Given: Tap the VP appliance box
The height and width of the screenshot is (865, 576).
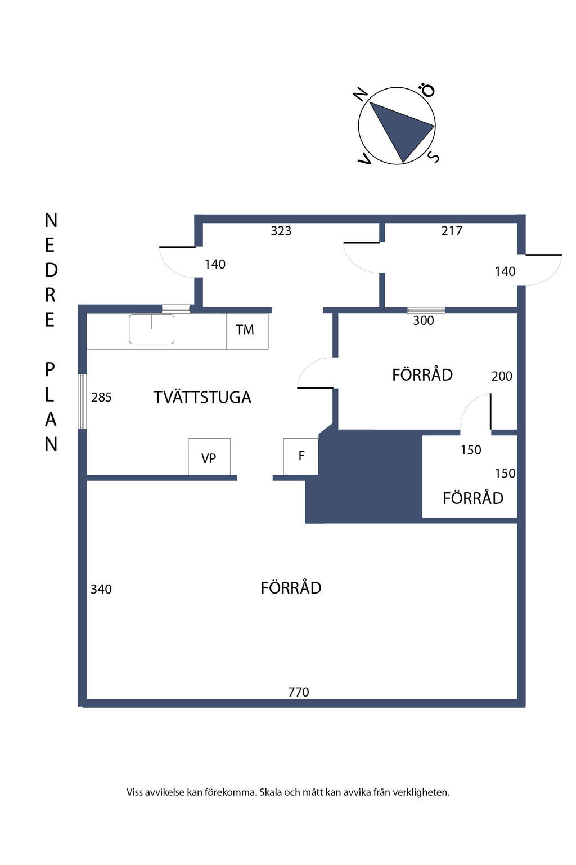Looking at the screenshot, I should click(209, 457).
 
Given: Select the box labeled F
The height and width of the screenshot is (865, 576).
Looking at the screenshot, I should click(301, 456).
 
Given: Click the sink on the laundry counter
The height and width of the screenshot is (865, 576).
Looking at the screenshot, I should click(151, 329).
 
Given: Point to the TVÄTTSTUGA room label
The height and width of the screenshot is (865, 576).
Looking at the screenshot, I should click(202, 398).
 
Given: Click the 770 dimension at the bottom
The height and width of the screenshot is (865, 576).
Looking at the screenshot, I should click(299, 692).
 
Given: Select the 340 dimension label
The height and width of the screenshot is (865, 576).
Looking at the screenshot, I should click(101, 590).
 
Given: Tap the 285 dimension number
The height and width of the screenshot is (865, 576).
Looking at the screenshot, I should click(101, 398).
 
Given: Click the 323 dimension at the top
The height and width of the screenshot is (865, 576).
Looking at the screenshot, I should click(281, 231).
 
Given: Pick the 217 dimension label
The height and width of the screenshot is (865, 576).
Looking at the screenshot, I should click(452, 231).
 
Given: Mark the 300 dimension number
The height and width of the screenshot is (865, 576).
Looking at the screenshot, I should click(424, 321).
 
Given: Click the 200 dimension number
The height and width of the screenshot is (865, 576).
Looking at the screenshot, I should click(502, 376).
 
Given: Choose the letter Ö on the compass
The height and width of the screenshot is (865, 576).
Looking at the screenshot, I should click(429, 91).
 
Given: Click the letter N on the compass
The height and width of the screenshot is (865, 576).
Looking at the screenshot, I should click(361, 94).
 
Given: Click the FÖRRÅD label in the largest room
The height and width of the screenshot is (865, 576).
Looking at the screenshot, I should click(291, 588).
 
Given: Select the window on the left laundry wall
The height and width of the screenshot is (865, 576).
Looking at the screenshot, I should click(82, 402).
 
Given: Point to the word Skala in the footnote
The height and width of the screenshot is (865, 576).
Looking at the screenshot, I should click(271, 792).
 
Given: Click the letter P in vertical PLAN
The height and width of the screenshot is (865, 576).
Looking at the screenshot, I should click(50, 370).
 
